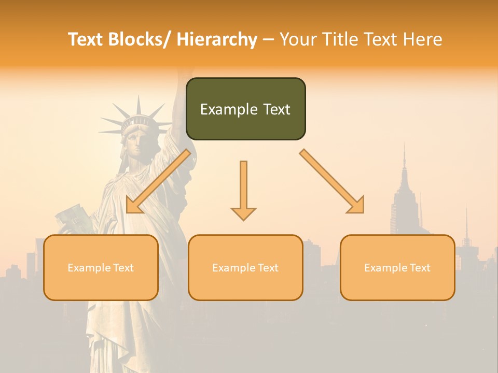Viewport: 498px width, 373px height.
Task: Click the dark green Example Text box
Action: [245, 109]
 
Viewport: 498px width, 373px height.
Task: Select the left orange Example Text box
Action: [101, 267]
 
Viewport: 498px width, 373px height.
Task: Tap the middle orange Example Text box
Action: [245, 267]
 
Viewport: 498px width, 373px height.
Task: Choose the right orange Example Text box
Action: [397, 267]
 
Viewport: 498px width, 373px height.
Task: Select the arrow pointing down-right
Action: [332, 181]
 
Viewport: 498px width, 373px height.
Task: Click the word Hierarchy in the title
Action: [217, 39]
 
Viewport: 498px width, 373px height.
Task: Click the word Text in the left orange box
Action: [123, 268]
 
